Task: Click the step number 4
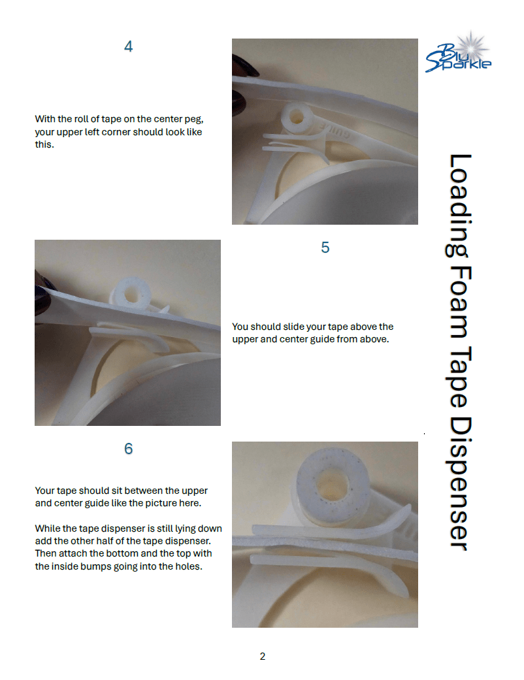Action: [128, 46]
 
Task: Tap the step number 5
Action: [325, 248]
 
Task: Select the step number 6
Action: [128, 449]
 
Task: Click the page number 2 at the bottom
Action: [263, 656]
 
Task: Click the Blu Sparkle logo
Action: [458, 52]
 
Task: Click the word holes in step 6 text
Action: [188, 567]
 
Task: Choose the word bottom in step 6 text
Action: [116, 554]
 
